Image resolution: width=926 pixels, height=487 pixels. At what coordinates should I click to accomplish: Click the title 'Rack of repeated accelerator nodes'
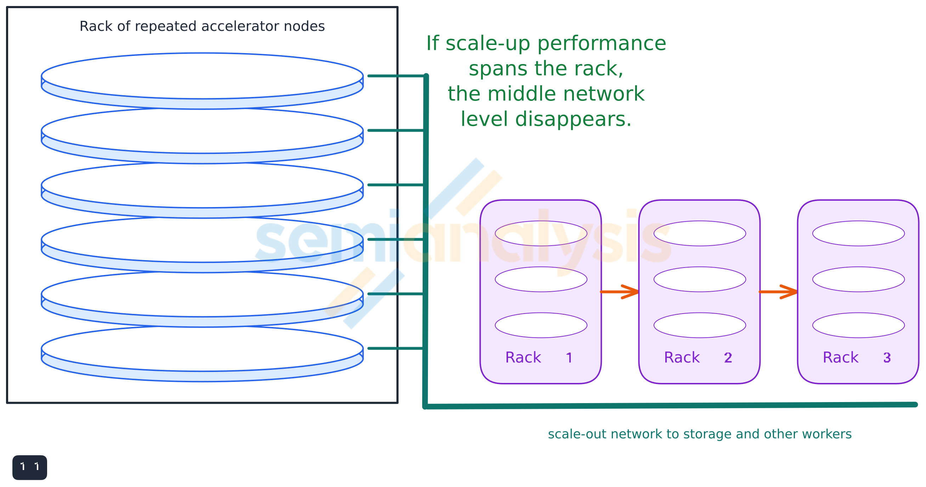tap(202, 26)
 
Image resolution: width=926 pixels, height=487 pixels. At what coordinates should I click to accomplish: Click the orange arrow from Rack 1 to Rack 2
tap(620, 292)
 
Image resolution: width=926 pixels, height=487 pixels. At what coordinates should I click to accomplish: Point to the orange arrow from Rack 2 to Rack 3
tap(778, 292)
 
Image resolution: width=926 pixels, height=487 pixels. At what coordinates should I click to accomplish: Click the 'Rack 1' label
tap(538, 357)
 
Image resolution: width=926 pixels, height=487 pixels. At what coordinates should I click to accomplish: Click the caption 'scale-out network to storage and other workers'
tap(700, 434)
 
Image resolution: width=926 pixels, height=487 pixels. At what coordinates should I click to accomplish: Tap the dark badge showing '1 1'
tap(29, 467)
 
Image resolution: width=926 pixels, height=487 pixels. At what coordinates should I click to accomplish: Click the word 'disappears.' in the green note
tap(573, 119)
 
